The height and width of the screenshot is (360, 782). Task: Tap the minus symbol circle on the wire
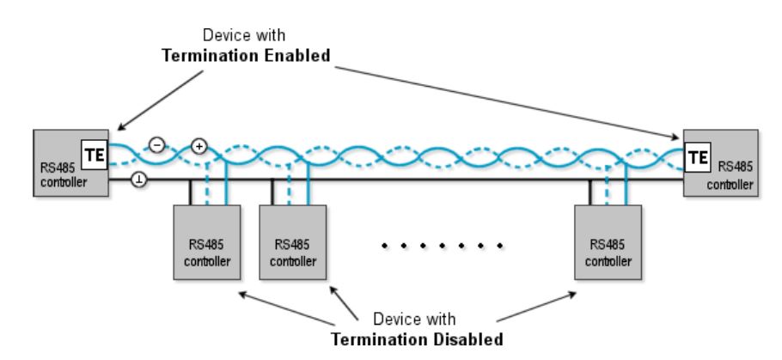[156, 145]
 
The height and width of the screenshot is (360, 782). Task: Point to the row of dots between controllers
[443, 246]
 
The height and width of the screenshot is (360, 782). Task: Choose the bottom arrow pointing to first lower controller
[284, 308]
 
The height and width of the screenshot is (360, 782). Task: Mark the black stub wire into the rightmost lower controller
[591, 192]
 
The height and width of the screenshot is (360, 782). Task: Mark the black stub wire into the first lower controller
[187, 192]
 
